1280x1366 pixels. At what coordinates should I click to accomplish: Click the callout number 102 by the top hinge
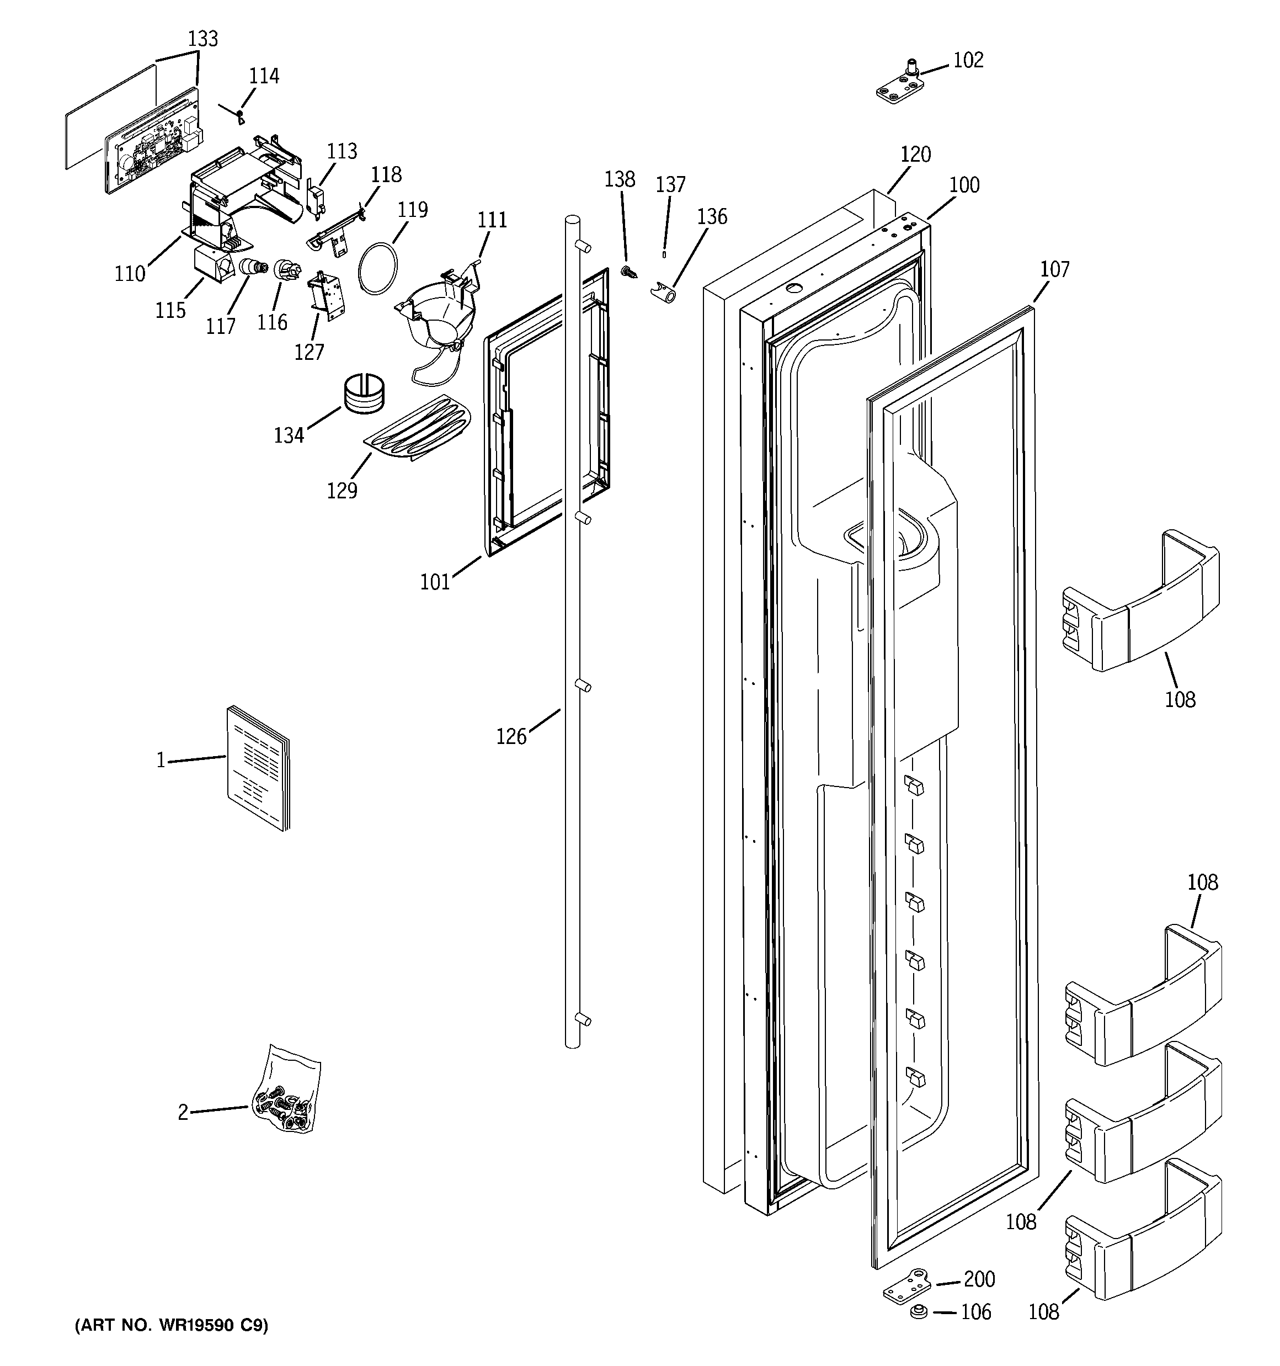tap(968, 61)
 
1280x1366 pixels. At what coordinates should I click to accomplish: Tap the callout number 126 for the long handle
tap(511, 737)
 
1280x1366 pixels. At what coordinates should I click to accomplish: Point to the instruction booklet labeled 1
tap(258, 768)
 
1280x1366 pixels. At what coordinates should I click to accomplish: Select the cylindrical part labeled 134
tap(364, 393)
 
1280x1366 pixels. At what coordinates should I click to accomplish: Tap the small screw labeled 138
tap(628, 273)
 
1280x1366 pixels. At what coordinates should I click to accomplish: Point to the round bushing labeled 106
tap(917, 1312)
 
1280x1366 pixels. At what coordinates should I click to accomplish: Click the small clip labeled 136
tap(664, 294)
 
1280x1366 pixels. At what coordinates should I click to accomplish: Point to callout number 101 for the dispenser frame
tap(435, 582)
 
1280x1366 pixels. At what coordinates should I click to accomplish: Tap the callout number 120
tap(915, 155)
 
